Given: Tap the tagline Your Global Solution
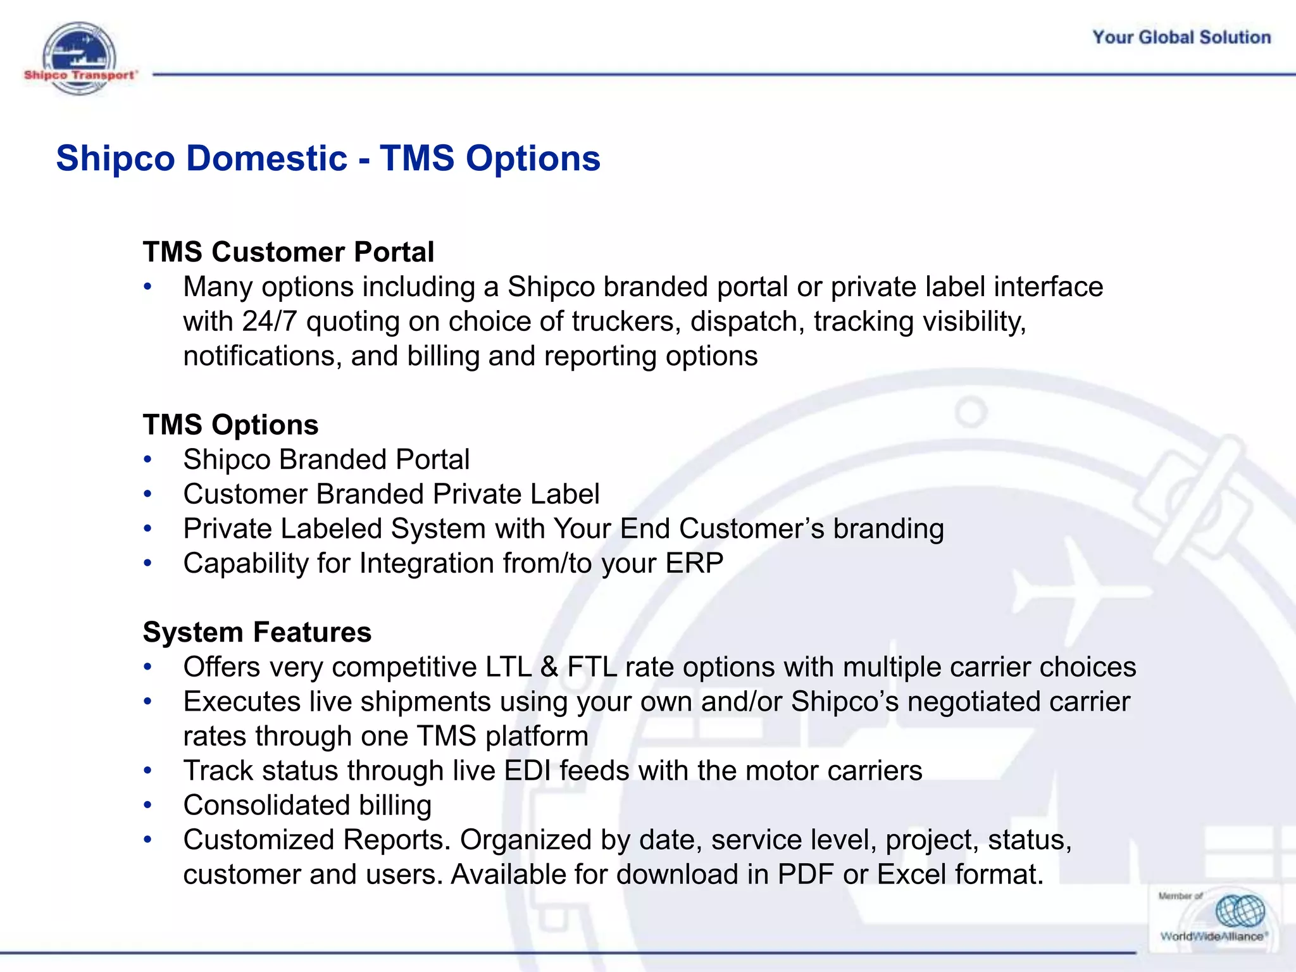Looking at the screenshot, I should (x=1181, y=37).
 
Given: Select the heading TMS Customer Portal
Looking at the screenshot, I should (x=288, y=252).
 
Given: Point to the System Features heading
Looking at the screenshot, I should (x=257, y=632).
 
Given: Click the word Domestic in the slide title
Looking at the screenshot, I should (x=266, y=158).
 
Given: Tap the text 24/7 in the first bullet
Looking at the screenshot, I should (x=269, y=321).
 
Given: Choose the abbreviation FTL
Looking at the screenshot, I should (x=592, y=667).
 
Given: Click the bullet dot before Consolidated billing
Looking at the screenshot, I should (x=148, y=806).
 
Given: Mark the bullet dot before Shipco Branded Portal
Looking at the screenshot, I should (x=148, y=460).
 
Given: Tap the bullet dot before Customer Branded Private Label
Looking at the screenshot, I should (x=148, y=494).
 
